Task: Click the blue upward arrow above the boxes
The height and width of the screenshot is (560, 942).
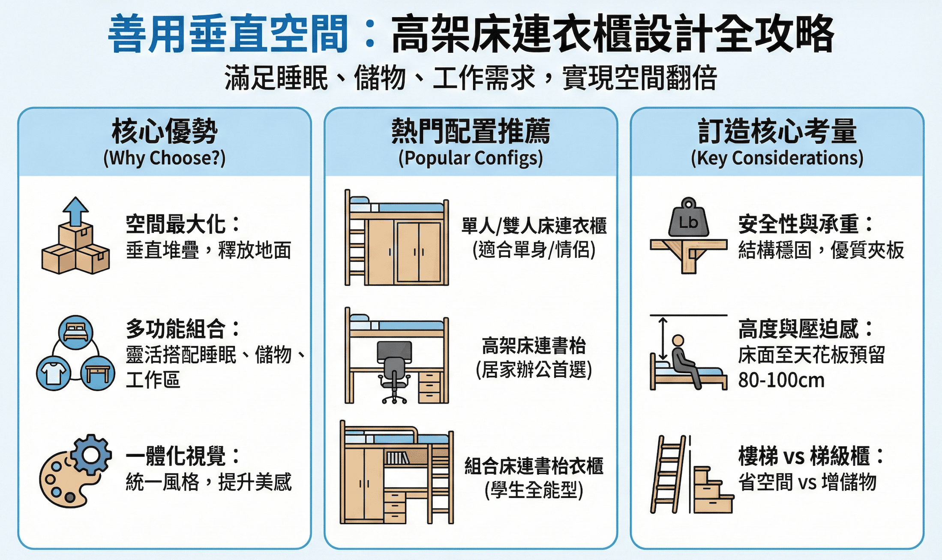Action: point(75,211)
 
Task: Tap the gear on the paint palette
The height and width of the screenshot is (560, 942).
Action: point(91,454)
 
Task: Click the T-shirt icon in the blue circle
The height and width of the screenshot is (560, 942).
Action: point(54,373)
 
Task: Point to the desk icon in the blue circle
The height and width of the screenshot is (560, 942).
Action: point(97,373)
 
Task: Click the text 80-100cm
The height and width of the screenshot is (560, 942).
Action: point(781,380)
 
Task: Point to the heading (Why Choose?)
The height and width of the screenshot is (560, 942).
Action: point(165,158)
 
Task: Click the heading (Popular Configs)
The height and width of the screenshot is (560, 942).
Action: point(471,158)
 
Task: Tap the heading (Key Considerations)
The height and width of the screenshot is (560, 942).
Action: point(777,158)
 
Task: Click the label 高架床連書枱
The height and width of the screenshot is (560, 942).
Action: point(534,346)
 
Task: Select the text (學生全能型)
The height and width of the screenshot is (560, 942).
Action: point(534,490)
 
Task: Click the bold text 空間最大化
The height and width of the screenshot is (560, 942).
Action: point(175,224)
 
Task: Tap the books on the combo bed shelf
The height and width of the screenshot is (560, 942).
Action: point(397,458)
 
